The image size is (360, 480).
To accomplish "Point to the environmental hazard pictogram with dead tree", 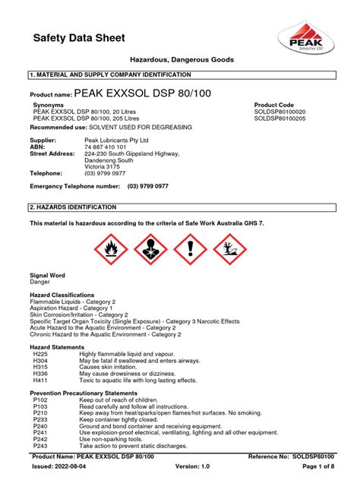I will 229,248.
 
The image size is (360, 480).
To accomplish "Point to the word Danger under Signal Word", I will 39,282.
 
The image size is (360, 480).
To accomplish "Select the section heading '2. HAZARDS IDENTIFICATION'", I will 73,207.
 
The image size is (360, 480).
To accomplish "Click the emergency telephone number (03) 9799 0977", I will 158,186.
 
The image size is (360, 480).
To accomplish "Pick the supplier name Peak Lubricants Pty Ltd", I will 116,141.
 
